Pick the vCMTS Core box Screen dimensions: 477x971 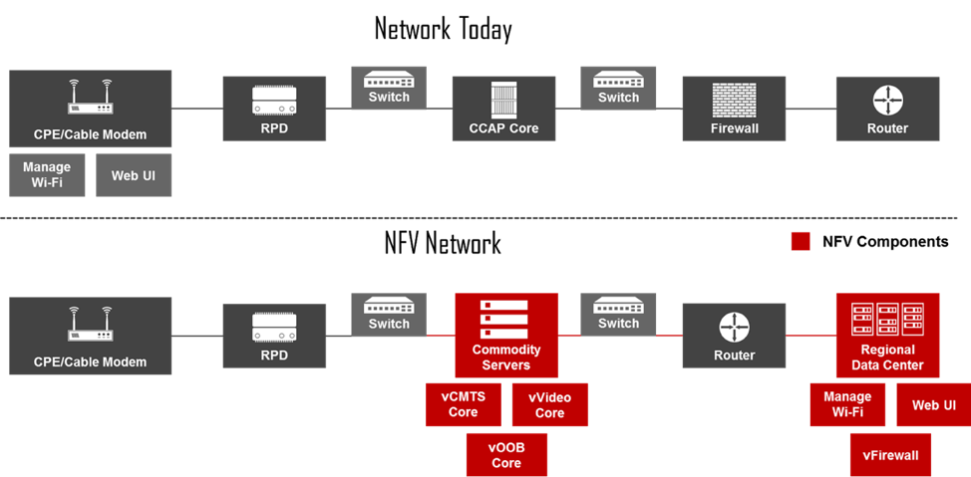(x=463, y=404)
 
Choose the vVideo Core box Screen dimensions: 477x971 (x=549, y=404)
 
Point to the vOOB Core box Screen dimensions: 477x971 (x=506, y=455)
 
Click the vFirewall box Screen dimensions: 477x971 (x=890, y=455)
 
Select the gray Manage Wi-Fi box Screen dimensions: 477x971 (x=47, y=175)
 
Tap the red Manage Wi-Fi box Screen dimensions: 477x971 (x=847, y=404)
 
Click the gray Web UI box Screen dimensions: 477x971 (x=134, y=175)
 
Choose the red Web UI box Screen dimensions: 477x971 (x=933, y=404)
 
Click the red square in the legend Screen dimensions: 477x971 (x=800, y=241)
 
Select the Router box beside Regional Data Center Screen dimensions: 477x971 (x=734, y=336)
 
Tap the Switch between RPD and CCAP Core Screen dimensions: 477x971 (x=389, y=88)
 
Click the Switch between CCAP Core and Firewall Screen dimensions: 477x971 (x=618, y=88)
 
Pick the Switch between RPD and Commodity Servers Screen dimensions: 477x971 (x=389, y=314)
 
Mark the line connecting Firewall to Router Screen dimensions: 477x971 (x=810, y=109)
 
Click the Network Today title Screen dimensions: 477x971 (x=443, y=29)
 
